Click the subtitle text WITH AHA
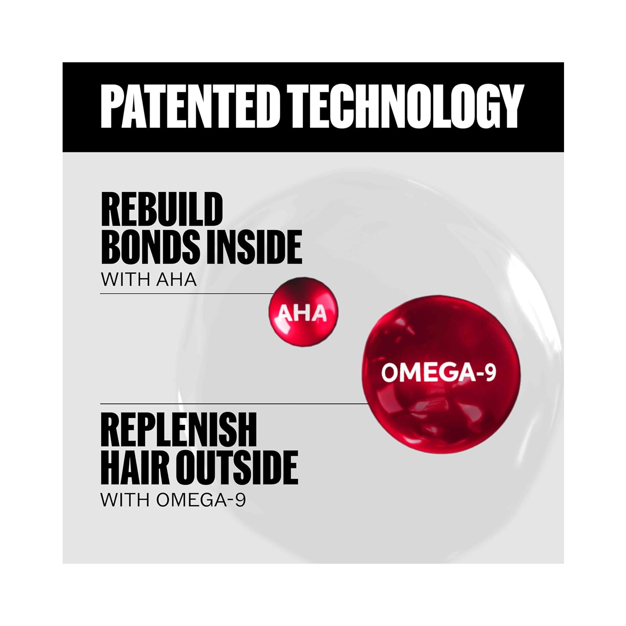149,279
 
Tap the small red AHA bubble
303,312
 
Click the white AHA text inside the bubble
303,313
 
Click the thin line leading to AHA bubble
186,294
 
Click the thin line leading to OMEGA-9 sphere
233,404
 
